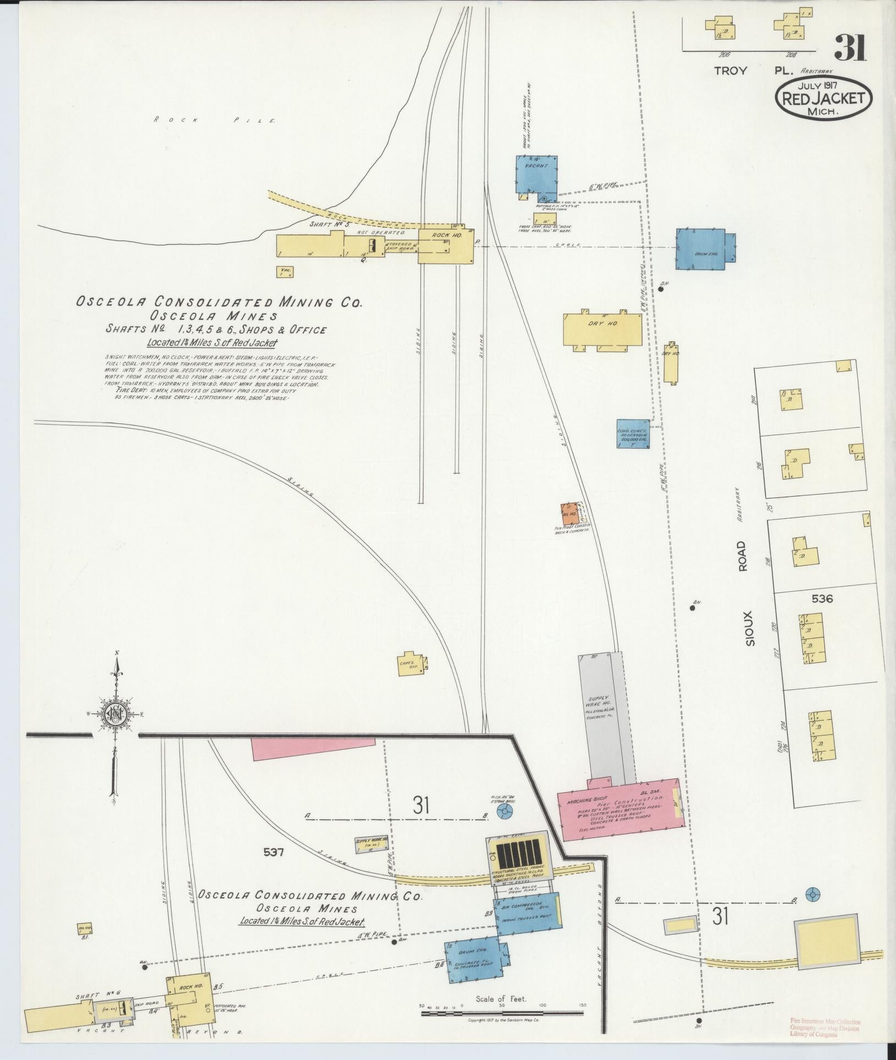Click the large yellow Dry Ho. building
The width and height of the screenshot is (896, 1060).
click(602, 329)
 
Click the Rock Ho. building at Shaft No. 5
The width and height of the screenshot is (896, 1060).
click(445, 245)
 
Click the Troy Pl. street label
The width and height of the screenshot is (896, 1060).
click(754, 71)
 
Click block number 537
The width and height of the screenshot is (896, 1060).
click(273, 867)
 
